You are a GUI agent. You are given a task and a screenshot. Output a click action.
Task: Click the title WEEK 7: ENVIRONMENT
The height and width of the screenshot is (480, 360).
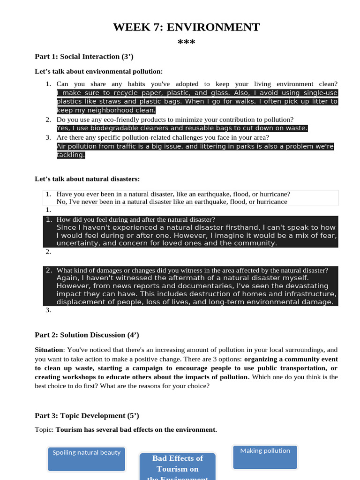coord(186,27)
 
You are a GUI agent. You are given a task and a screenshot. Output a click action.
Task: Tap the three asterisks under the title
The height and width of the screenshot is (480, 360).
coord(186,43)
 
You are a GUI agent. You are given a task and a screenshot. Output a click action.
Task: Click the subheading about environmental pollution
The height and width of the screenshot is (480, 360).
coord(98,71)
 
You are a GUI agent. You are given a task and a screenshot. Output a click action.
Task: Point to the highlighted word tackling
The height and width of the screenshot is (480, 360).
coord(71,155)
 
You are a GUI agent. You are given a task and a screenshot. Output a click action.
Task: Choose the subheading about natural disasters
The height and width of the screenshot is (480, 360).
coord(87,179)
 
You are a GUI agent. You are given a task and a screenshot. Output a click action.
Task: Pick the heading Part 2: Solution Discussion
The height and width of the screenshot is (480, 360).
coord(87,335)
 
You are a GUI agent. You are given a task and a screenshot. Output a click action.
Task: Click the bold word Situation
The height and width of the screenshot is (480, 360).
coord(49,350)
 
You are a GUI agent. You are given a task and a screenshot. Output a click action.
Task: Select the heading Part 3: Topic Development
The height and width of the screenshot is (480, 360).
coord(87,416)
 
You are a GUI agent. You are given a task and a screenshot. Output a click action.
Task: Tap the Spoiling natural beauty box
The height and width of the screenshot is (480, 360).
coord(86,459)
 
